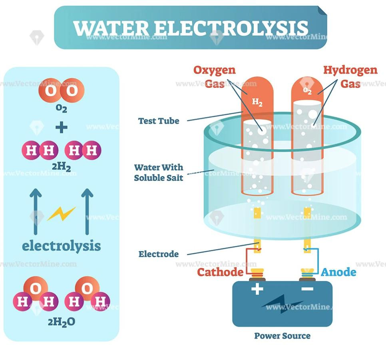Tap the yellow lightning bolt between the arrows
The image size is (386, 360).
point(61,214)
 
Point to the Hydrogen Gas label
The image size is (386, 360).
point(350,77)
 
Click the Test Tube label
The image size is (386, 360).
point(159,121)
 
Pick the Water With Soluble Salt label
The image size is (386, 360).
point(159,172)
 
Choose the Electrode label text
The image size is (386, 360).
point(159,254)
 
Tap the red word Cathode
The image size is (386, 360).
point(220,272)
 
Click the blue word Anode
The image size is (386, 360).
point(338,272)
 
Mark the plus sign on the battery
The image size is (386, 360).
point(257,288)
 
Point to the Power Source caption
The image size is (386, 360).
point(282,336)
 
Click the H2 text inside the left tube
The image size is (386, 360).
point(257,103)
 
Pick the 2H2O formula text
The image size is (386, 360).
point(62,322)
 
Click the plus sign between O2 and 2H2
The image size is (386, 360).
point(61,128)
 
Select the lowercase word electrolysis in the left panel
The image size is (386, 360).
point(61,245)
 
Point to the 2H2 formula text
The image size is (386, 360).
point(61,166)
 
